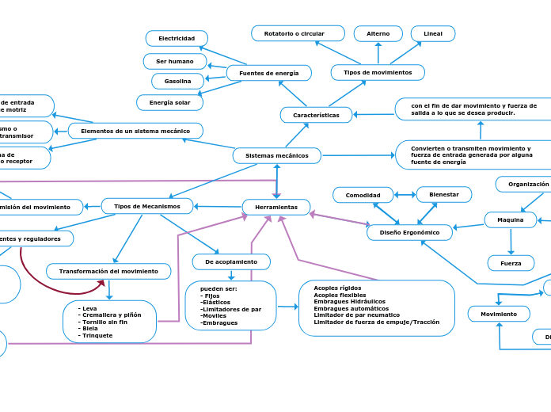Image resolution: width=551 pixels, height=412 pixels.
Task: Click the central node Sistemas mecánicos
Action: coord(276,155)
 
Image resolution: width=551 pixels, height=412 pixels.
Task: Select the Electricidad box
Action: coord(177,38)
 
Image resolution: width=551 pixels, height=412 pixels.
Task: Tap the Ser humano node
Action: coord(175,61)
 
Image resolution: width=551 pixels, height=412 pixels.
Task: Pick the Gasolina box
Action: coord(177,81)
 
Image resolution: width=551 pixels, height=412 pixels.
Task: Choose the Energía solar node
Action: coord(169,102)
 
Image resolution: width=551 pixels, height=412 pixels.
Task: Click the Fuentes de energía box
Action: coord(268,73)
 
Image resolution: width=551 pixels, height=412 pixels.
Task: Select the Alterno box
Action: coord(378,33)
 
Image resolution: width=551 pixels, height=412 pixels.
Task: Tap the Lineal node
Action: coord(432,33)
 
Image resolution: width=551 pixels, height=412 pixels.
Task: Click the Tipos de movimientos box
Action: coord(377,72)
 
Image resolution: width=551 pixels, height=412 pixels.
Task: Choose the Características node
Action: coord(316,115)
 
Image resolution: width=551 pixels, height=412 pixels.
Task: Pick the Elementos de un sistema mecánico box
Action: coord(135,130)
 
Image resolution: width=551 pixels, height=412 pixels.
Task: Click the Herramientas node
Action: coord(275,207)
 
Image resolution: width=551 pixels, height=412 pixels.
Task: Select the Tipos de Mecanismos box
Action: coord(147,206)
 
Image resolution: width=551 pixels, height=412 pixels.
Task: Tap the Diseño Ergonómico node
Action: coord(409,232)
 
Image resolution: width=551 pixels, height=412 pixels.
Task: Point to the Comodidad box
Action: coord(363,195)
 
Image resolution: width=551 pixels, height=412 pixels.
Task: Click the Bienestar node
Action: coord(443,194)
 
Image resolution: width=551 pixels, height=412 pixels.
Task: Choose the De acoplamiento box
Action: coord(230,261)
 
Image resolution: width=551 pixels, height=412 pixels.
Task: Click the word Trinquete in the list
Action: coord(97,335)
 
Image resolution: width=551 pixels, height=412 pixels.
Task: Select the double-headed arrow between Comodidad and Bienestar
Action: coord(405,195)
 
